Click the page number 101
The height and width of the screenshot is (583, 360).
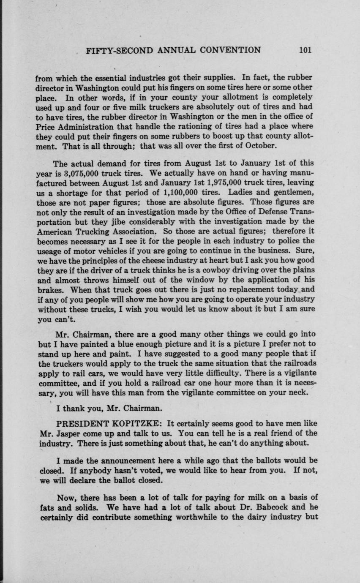coord(305,50)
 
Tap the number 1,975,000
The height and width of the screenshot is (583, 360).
coord(219,183)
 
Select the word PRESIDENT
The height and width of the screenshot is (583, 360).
coord(85,423)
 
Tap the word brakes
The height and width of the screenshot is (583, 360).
coord(49,289)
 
